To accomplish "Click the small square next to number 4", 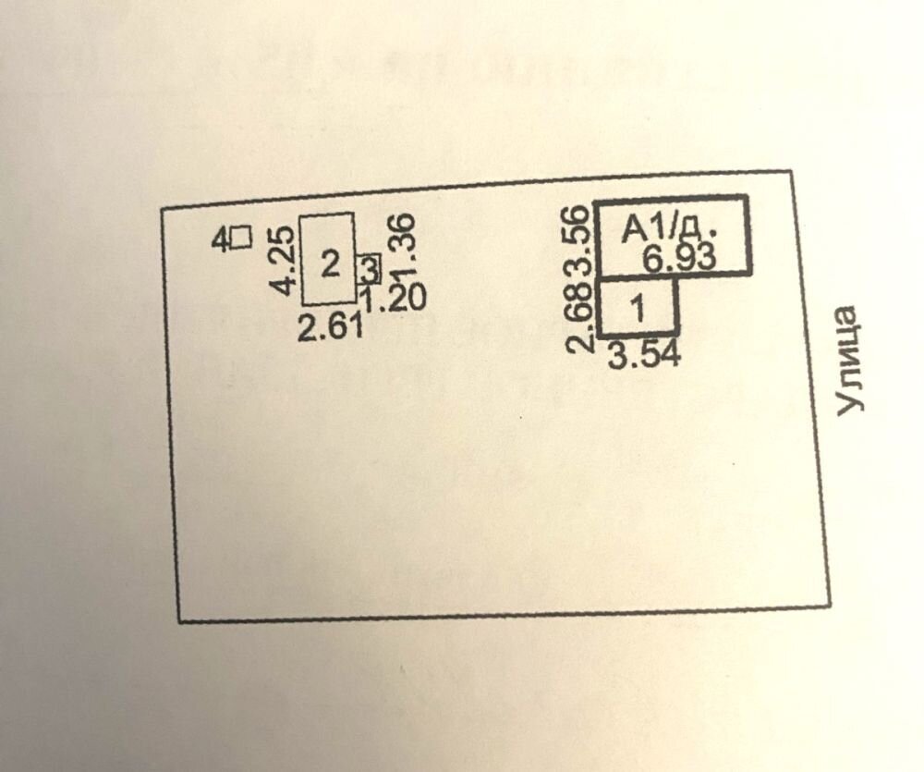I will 242,238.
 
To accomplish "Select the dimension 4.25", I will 284,260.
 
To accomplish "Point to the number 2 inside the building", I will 330,264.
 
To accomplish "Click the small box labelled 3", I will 369,269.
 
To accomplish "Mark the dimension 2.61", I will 331,326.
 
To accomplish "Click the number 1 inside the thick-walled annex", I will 638,309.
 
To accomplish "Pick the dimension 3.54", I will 644,354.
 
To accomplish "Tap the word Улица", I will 847,361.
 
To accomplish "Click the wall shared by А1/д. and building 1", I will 639,277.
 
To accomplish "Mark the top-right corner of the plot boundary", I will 791,171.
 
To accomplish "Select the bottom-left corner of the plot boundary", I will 177,620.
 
